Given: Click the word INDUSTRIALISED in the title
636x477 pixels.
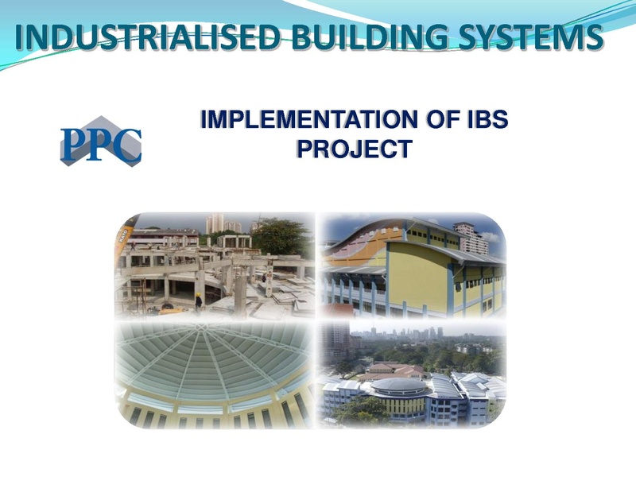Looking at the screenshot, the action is (148, 37).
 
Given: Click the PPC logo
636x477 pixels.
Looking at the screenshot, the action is (101, 142).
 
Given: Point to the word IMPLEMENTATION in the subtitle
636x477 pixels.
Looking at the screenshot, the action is (309, 120).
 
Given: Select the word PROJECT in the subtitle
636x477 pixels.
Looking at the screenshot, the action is (355, 149).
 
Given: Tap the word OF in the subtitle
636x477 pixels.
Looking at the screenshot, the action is (440, 120).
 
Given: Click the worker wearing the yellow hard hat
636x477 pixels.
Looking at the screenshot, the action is (198, 302).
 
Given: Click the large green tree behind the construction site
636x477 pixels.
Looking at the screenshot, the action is (282, 236).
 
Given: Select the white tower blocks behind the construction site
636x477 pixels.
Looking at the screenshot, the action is (223, 224).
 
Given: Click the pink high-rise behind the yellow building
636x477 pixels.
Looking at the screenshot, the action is (471, 238).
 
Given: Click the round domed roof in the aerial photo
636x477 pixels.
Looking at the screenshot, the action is (400, 386).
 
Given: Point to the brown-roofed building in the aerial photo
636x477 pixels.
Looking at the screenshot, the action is (391, 370).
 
